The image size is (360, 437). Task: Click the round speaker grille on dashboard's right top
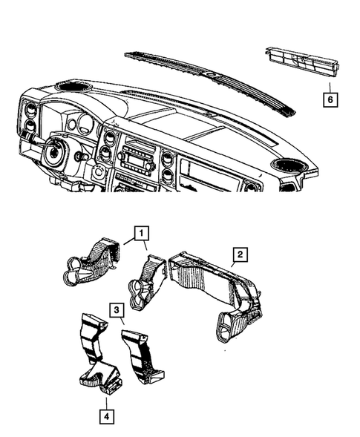click(287, 165)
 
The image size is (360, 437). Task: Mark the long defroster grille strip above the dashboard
click(208, 79)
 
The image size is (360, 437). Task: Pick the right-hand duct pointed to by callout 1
click(148, 282)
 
